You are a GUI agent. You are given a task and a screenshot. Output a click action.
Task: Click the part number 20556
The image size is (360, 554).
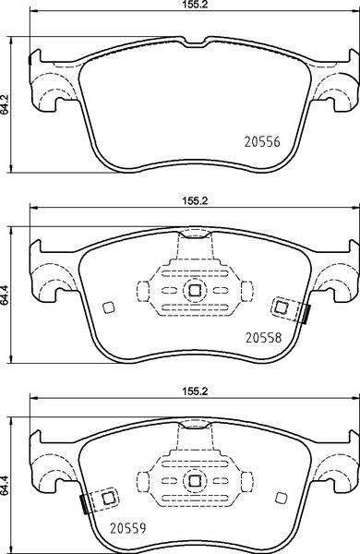tap(262, 142)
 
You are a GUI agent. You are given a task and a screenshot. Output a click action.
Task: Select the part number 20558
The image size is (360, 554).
tap(264, 338)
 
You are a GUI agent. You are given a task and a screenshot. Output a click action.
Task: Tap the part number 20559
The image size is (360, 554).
tap(128, 528)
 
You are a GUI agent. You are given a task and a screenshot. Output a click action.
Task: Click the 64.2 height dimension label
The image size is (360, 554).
tap(6, 104)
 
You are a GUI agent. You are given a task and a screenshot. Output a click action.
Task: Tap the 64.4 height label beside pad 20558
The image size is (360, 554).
tap(6, 295)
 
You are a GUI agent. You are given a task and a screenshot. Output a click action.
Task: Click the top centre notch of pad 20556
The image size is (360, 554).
tap(195, 42)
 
